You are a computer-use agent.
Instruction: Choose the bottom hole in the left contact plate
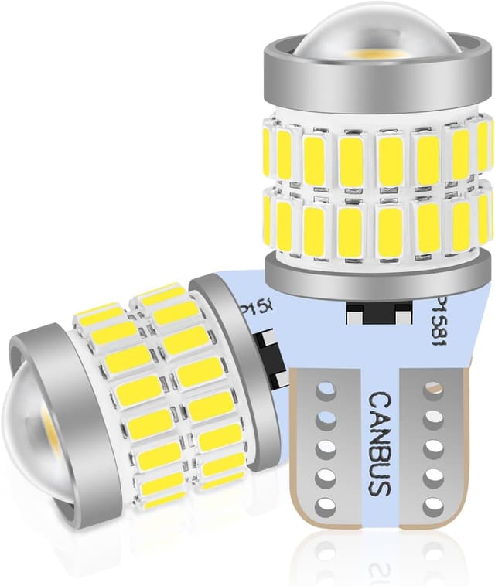[x=326, y=507]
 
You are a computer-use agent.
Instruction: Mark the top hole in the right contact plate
[x=432, y=390]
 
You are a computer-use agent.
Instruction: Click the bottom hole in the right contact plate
[x=432, y=506]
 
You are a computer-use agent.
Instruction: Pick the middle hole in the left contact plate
[x=326, y=448]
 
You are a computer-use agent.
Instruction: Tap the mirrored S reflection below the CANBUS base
[x=378, y=567]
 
